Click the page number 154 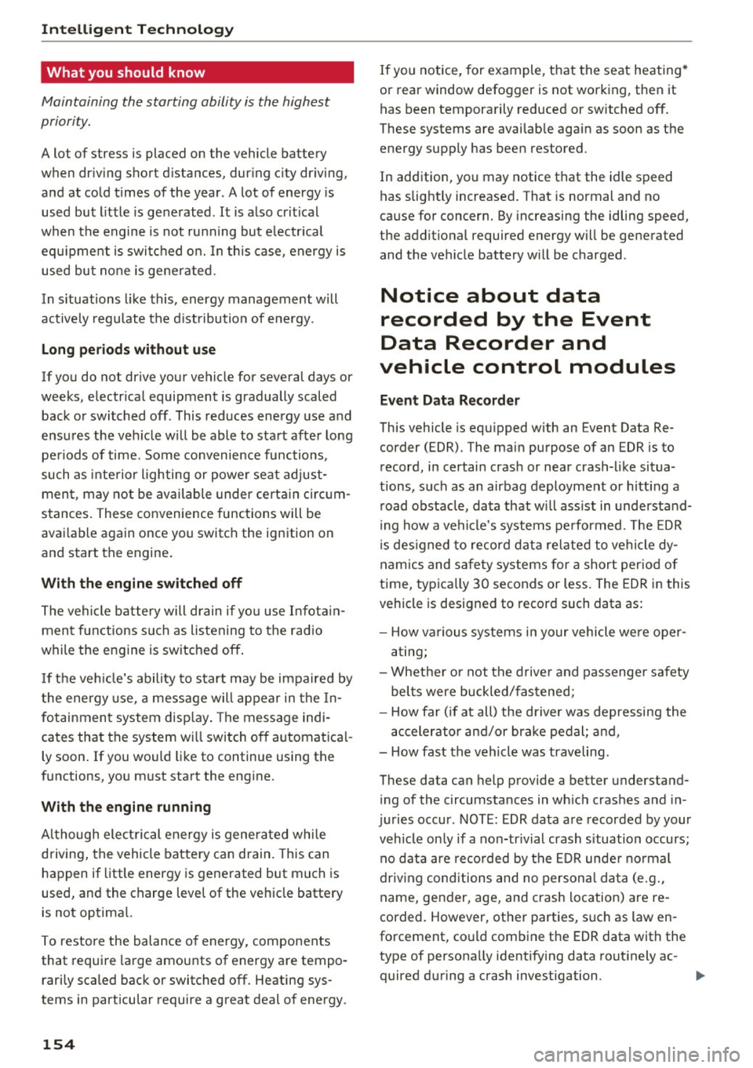[58, 1044]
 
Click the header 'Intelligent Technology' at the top [137, 30]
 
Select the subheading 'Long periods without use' [128, 349]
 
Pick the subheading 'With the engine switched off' [141, 583]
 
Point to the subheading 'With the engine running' [125, 807]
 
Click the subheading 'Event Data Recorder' [449, 400]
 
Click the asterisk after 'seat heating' [686, 68]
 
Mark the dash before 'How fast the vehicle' [383, 752]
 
